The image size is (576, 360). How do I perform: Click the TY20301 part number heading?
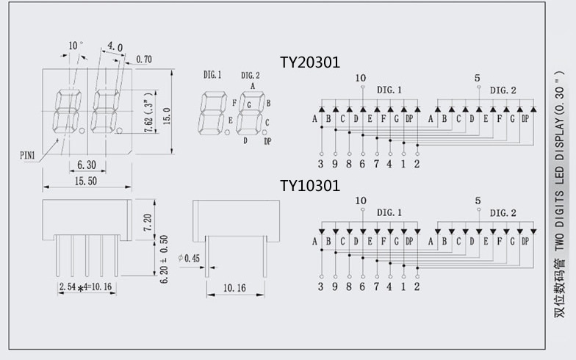click(x=309, y=62)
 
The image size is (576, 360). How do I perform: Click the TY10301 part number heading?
click(x=309, y=185)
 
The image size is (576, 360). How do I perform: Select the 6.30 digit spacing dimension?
click(x=87, y=164)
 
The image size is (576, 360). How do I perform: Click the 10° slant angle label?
click(x=75, y=46)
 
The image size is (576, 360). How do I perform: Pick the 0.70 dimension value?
click(x=144, y=60)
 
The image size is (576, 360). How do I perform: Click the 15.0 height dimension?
click(x=168, y=116)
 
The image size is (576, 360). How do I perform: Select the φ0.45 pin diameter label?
click(x=189, y=258)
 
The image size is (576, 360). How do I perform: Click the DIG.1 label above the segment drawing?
click(x=213, y=75)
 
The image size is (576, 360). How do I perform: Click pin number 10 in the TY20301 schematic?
click(x=360, y=78)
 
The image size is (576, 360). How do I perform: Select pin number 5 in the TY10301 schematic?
click(x=478, y=201)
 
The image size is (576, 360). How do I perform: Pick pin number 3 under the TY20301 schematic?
click(x=321, y=164)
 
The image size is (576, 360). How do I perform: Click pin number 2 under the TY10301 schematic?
click(x=417, y=287)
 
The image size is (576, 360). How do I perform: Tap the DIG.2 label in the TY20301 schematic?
click(x=503, y=90)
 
